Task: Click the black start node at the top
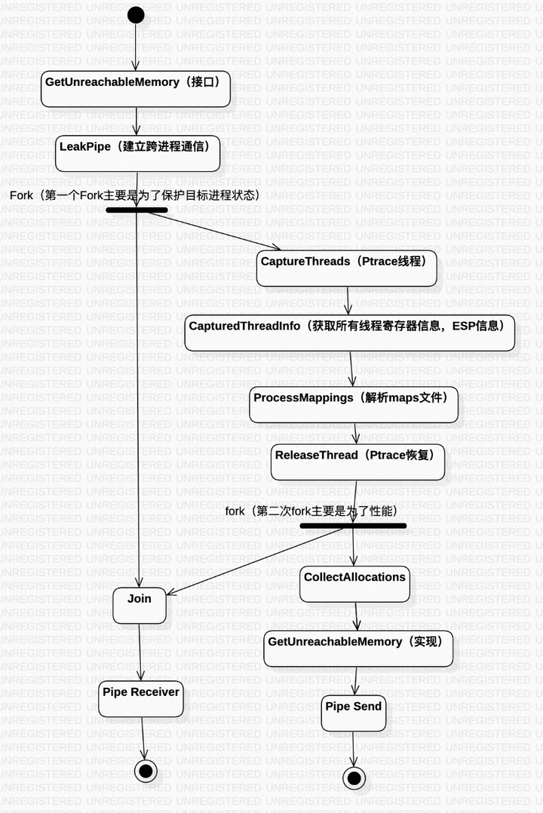[136, 14]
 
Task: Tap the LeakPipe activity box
[138, 153]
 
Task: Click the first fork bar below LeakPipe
[137, 210]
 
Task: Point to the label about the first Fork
[135, 195]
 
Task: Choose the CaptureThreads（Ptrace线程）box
[346, 268]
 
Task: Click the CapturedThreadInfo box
[349, 333]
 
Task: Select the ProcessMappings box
[354, 405]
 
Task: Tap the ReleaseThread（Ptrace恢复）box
[357, 462]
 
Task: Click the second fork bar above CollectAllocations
[353, 526]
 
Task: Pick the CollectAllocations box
[354, 584]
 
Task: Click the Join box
[140, 606]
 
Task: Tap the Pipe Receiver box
[141, 699]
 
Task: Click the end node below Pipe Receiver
[146, 770]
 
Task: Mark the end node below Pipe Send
[353, 777]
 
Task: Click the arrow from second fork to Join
[256, 562]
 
